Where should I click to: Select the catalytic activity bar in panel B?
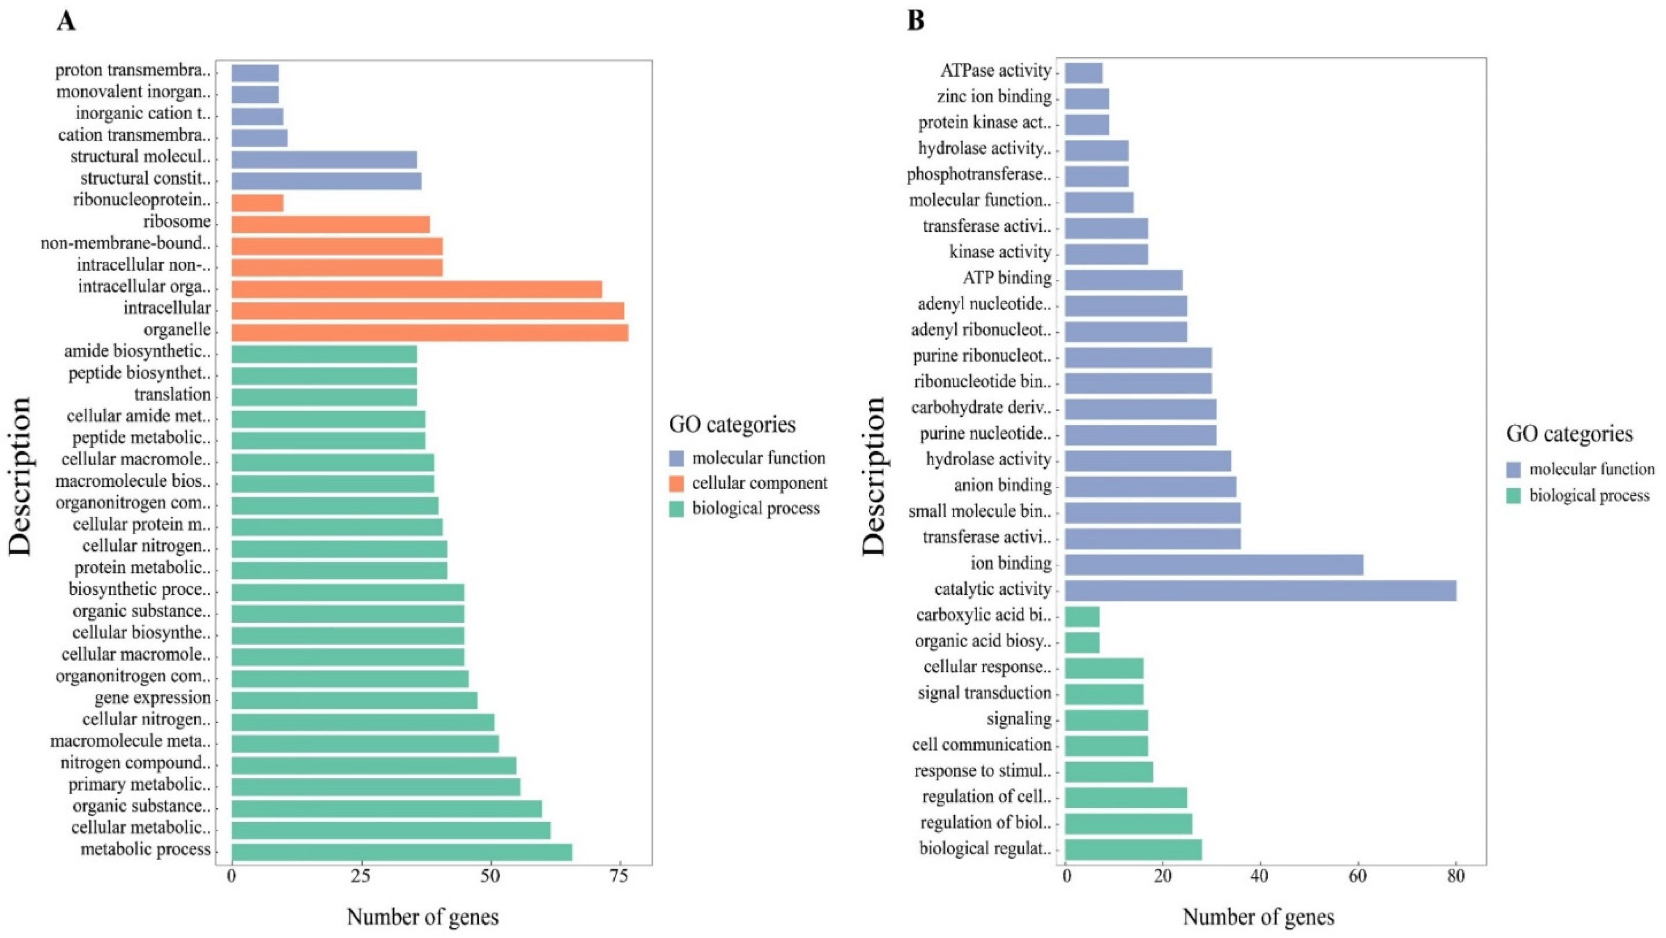[x=1260, y=590]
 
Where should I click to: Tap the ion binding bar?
[x=1214, y=564]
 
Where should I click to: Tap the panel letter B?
[x=916, y=21]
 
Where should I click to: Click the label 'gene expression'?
[x=153, y=698]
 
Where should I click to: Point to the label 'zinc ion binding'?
[x=994, y=96]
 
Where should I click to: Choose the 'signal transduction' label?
[x=984, y=693]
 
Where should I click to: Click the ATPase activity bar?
[x=1083, y=72]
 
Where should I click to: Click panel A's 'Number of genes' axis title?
[x=422, y=917]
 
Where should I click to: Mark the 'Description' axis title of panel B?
[x=874, y=476]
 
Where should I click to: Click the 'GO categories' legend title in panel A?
[x=732, y=424]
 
